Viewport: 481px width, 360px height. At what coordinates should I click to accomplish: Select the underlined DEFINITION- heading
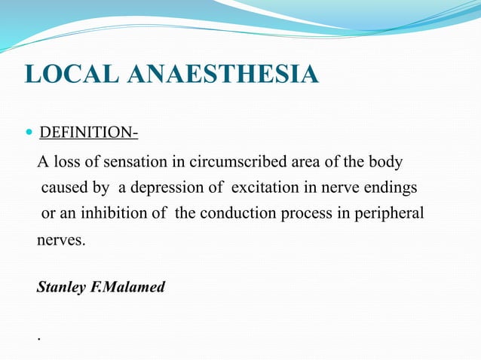tap(88, 133)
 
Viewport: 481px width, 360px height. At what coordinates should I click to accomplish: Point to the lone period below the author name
tap(38, 338)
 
